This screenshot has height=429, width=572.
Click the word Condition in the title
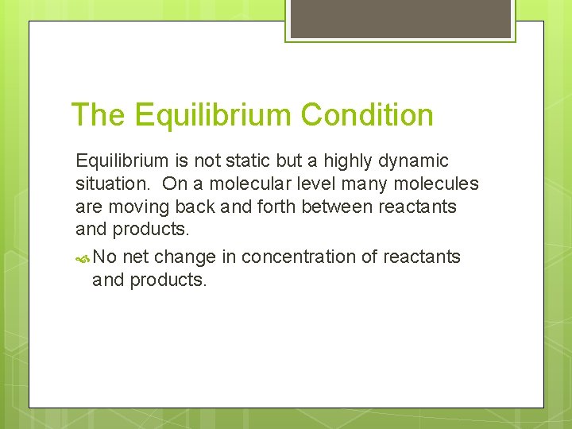(367, 115)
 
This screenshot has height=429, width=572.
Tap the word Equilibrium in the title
(213, 115)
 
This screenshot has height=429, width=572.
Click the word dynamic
(413, 161)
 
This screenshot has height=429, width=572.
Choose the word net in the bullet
(138, 257)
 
